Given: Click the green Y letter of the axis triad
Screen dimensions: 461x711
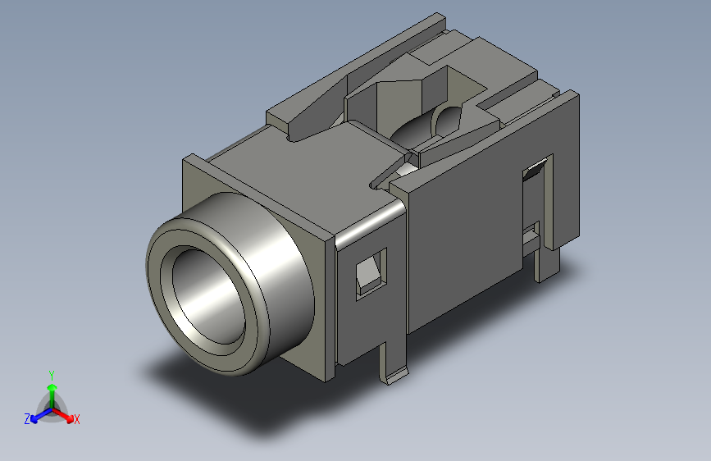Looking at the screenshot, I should pyautogui.click(x=51, y=374).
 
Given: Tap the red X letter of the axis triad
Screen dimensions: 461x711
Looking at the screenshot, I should pyautogui.click(x=77, y=420).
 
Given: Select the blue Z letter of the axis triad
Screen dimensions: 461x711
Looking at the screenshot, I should pyautogui.click(x=27, y=419).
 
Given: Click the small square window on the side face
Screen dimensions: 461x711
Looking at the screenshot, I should pyautogui.click(x=370, y=272).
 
